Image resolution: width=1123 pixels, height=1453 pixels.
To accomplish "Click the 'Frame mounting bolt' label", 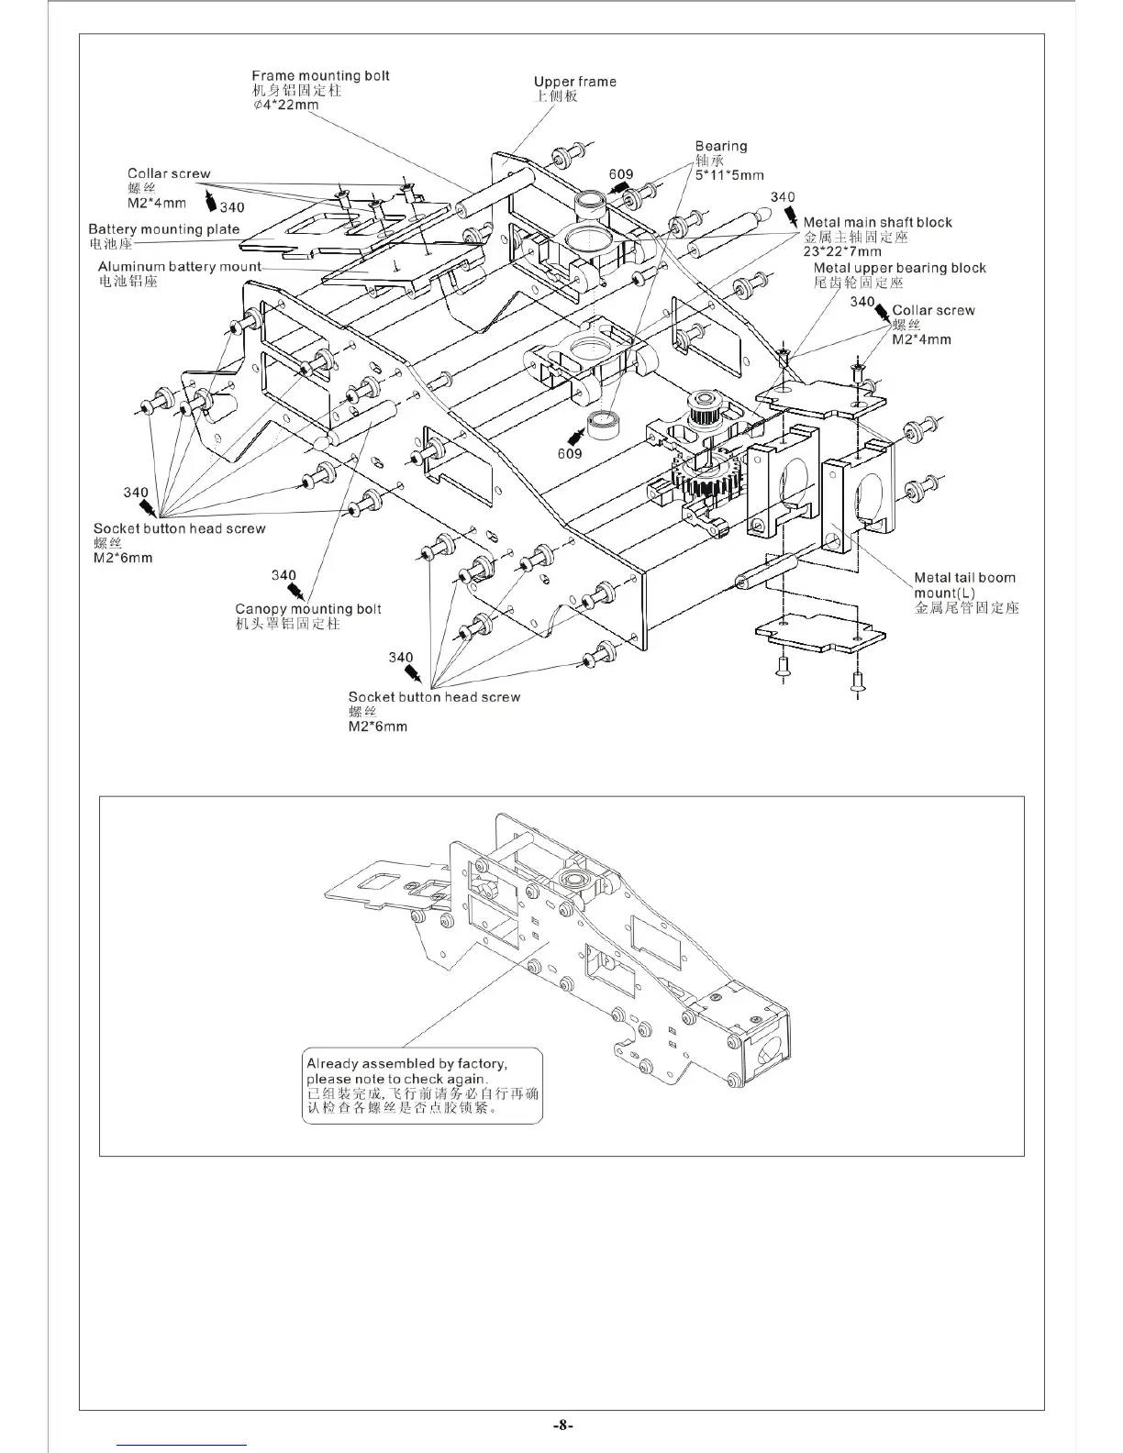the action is tap(320, 76).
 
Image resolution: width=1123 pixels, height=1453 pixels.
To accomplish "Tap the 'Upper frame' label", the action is tap(574, 82).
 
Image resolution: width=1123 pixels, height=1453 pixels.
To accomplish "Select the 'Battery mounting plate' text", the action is tap(163, 229).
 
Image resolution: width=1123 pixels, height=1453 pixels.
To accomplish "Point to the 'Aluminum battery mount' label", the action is tap(179, 267).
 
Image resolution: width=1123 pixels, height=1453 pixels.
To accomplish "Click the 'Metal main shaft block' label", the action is tap(877, 222).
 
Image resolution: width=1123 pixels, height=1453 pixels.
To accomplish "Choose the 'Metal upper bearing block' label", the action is tap(899, 268).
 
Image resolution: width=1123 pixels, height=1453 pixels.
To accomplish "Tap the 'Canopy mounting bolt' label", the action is tap(307, 609).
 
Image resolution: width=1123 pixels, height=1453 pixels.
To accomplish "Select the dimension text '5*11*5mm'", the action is tap(729, 175).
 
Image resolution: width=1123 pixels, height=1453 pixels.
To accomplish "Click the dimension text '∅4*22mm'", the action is tap(285, 105).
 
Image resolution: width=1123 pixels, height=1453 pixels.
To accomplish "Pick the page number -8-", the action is tap(562, 1425).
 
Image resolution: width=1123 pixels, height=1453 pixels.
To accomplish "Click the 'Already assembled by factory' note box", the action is tap(423, 1087).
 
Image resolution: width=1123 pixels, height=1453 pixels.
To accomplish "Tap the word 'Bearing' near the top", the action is tap(721, 146).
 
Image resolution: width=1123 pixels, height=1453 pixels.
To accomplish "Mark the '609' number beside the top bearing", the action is tap(621, 174).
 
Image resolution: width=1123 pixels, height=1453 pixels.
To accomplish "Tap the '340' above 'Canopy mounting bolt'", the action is tap(284, 575).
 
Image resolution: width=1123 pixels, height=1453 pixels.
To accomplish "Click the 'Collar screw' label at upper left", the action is tap(169, 173).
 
